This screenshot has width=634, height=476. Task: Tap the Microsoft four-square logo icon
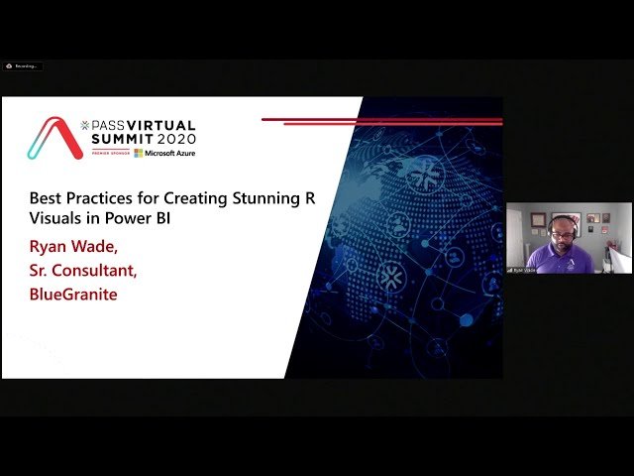139,153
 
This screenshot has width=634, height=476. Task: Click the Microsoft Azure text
170,153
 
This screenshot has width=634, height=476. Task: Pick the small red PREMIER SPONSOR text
111,153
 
